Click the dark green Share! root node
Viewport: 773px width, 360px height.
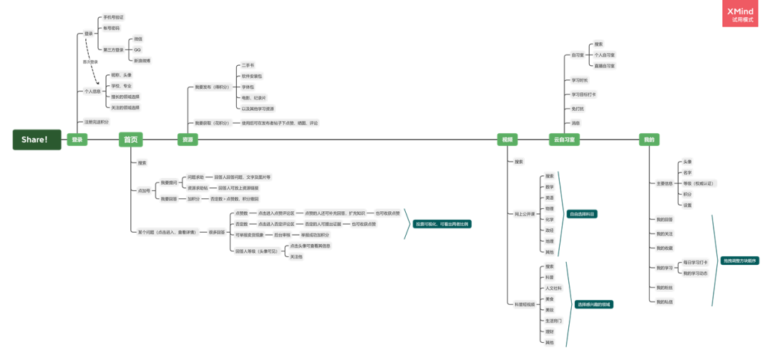coord(34,140)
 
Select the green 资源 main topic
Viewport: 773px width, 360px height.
coord(187,140)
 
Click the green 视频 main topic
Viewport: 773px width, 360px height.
coord(507,140)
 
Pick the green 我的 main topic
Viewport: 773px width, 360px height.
coord(648,140)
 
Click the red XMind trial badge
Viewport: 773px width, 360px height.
coord(745,14)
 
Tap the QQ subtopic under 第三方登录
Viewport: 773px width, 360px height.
coord(137,49)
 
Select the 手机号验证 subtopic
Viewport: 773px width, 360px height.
coord(113,16)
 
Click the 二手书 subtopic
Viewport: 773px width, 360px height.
coord(248,64)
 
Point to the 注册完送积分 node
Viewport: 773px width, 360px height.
coord(96,122)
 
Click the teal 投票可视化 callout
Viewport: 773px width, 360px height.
coord(444,224)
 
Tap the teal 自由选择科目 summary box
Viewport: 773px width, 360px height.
coord(583,214)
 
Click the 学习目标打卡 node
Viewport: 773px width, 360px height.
coord(583,94)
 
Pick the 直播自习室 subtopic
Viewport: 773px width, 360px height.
coord(604,65)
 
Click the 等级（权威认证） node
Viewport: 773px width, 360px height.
coord(699,183)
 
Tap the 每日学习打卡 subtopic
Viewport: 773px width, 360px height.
coord(694,262)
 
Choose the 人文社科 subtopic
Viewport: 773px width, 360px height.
coord(553,288)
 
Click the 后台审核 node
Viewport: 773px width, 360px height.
coord(282,235)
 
